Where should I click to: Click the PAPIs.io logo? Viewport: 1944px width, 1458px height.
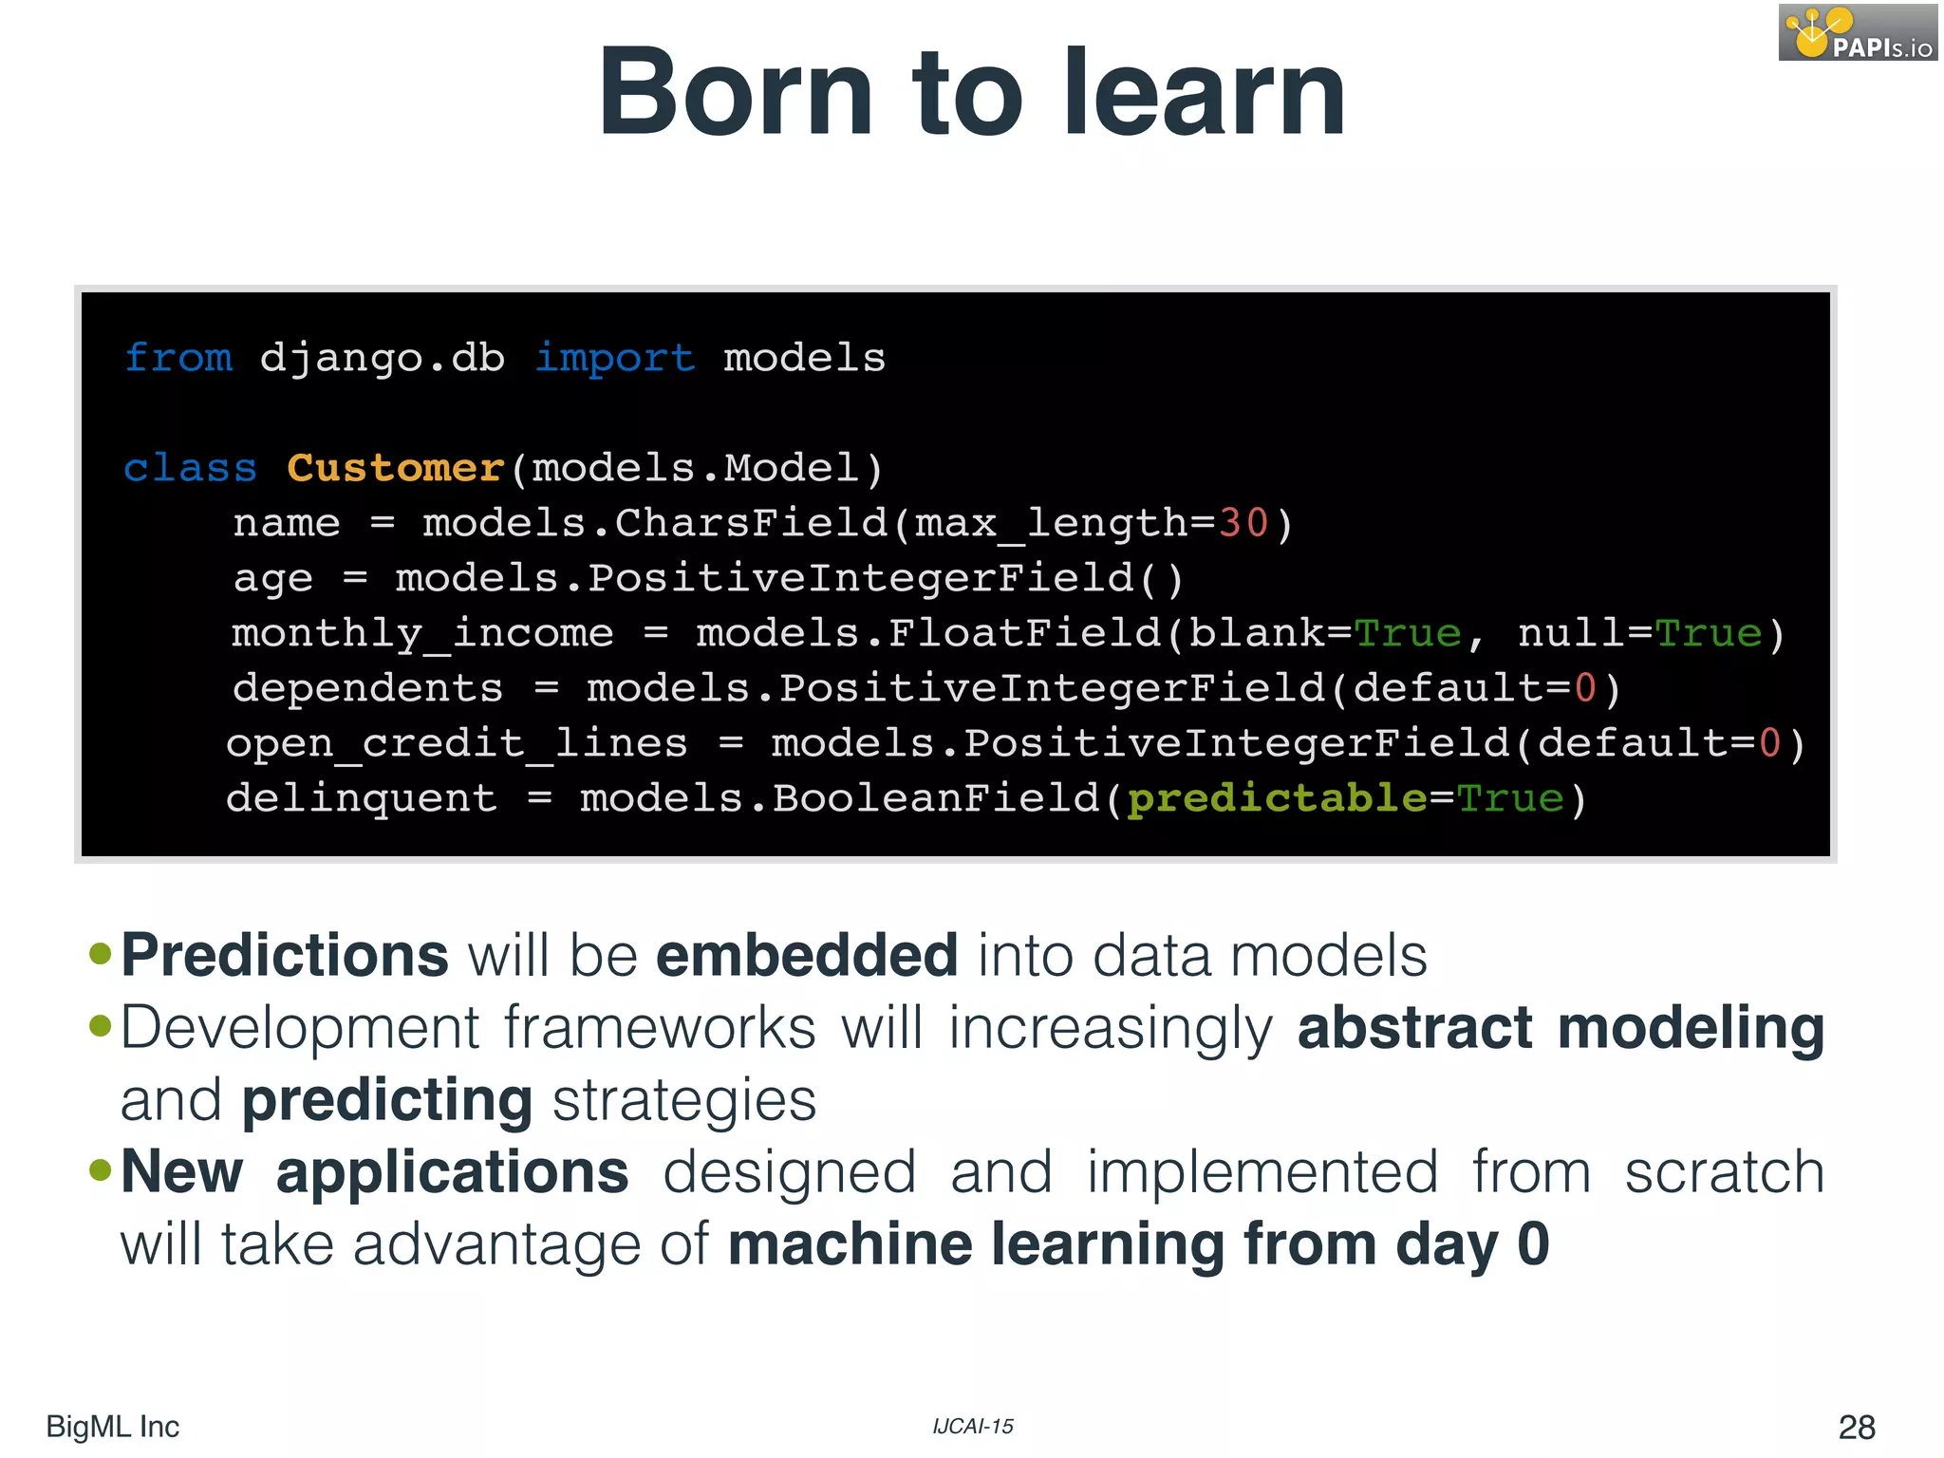1857,32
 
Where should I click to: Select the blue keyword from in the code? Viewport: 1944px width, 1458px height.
178,358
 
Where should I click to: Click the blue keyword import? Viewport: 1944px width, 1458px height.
615,358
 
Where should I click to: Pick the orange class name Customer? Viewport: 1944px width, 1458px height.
395,468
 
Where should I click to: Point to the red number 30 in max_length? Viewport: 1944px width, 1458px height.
1243,523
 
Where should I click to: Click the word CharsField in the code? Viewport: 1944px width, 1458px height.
751,523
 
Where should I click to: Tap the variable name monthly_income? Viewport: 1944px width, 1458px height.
422,633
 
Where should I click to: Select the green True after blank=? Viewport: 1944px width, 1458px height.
1407,633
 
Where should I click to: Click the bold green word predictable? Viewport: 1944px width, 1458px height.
1277,798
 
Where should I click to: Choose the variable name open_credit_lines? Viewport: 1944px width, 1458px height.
457,743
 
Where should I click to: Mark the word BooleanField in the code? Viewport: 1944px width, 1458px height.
936,798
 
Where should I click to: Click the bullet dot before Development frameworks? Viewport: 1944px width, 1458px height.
101,1025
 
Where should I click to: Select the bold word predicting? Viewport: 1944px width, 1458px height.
387,1101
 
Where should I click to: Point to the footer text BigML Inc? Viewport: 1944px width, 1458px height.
112,1427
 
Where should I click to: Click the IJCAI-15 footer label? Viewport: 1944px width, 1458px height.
972,1427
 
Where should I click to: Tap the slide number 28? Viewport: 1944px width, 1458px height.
1856,1427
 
